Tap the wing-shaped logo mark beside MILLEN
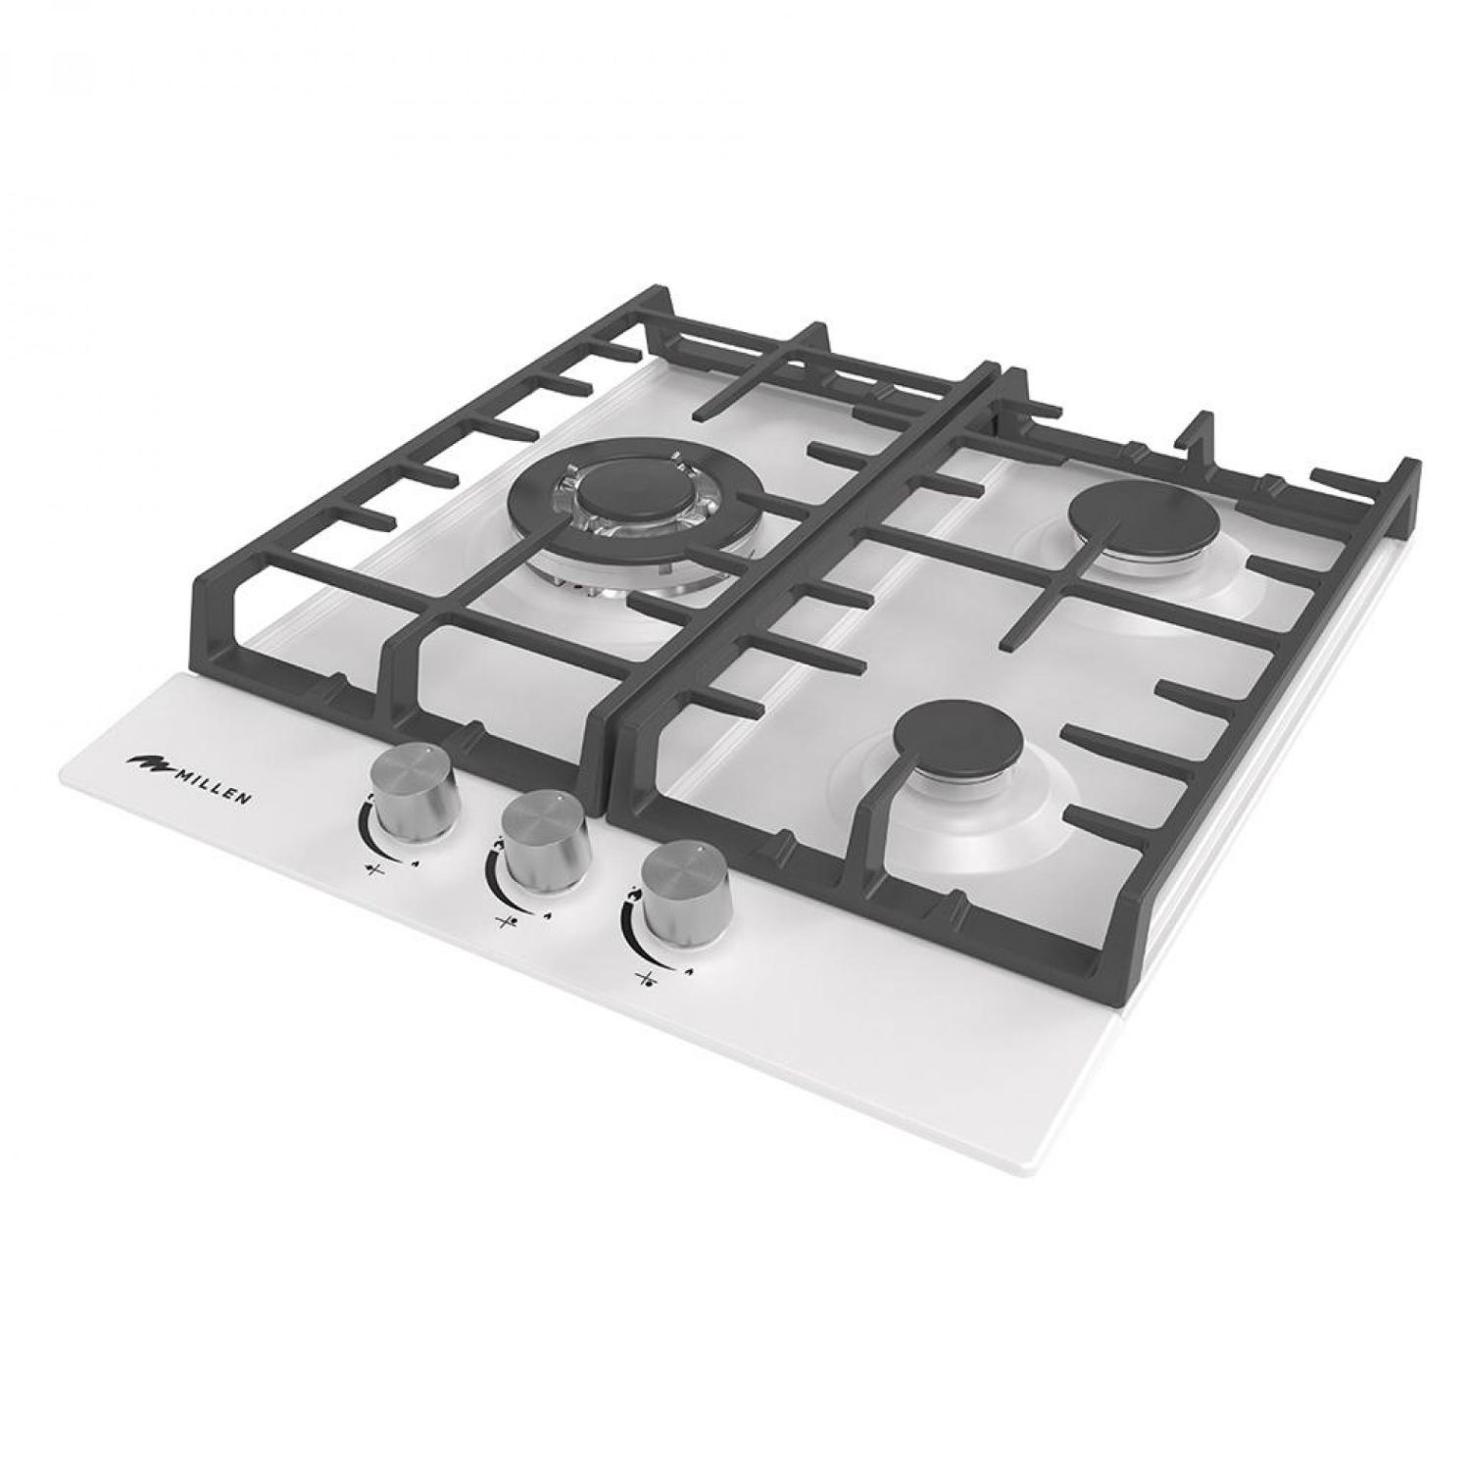[146, 760]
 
